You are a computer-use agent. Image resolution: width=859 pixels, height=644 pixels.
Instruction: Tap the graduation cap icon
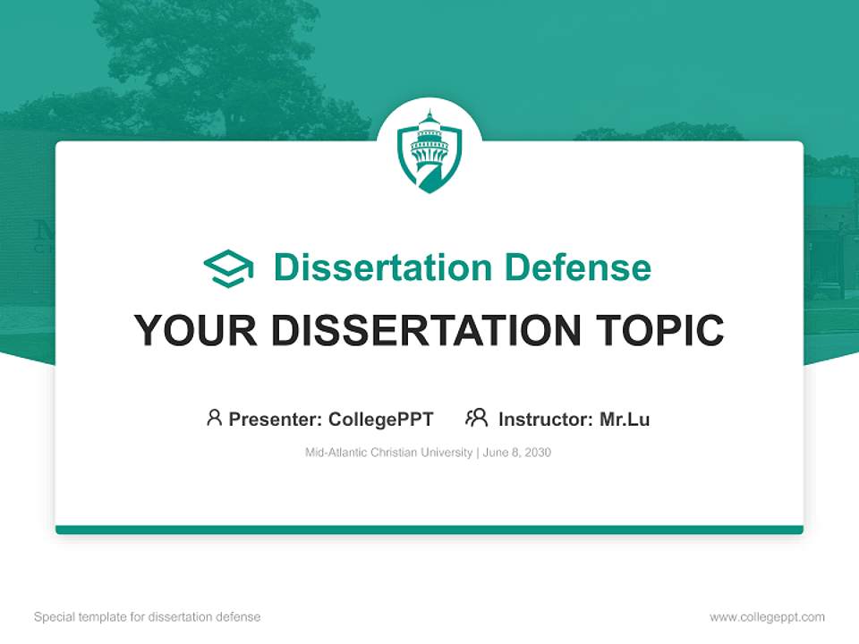(228, 267)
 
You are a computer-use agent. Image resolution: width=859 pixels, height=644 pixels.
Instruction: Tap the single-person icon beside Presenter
(214, 418)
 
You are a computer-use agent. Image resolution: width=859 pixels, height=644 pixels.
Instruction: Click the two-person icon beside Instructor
(476, 418)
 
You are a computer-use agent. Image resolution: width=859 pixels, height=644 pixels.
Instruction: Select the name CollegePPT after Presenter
(380, 419)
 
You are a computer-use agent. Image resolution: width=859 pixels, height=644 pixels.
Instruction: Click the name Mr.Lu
(625, 419)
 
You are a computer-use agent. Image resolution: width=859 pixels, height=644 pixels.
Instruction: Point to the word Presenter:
(276, 419)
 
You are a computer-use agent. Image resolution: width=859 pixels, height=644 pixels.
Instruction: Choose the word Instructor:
(546, 419)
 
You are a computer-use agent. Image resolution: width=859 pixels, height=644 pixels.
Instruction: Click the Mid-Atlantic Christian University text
(388, 453)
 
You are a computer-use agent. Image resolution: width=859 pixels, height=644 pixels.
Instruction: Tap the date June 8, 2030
(517, 453)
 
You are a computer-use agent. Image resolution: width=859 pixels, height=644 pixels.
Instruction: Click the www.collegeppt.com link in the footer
(767, 617)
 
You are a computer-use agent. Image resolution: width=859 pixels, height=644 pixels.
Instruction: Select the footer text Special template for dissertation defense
(147, 617)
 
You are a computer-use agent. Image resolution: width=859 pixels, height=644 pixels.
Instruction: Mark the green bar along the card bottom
(429, 530)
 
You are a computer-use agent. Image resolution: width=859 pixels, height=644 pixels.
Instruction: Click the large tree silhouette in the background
(224, 63)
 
